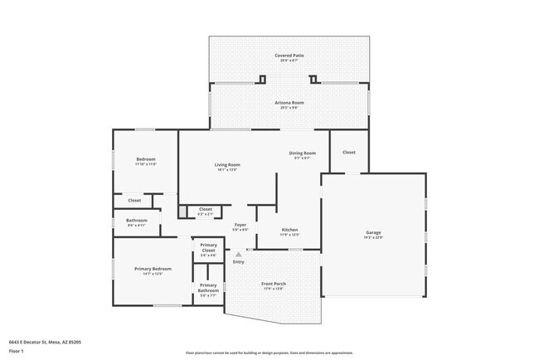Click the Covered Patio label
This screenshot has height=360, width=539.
289,56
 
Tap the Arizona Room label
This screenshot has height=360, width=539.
289,103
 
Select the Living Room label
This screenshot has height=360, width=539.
228,165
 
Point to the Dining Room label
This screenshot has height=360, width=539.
302,153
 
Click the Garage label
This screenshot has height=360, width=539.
374,232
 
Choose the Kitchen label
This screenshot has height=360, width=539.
289,230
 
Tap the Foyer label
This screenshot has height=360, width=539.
240,225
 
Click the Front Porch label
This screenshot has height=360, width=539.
274,287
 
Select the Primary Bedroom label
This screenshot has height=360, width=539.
153,269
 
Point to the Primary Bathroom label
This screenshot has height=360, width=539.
208,288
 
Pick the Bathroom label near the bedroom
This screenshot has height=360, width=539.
137,221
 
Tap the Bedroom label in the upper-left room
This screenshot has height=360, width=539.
146,159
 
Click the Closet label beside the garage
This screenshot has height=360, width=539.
349,153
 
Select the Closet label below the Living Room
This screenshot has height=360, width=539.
206,209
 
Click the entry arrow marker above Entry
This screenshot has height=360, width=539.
239,254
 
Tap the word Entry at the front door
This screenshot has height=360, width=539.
239,262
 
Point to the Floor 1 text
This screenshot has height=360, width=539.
17,350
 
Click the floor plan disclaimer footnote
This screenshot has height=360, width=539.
269,353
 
